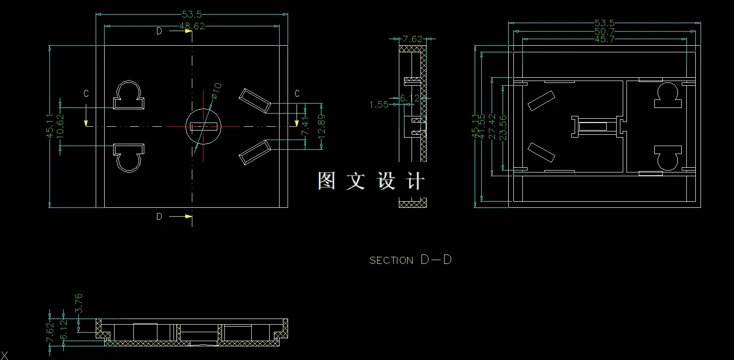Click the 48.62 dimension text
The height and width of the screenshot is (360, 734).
192,26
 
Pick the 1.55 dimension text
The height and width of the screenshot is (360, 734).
379,105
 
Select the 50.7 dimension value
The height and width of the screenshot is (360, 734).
604,32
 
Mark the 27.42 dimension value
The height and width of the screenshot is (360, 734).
492,127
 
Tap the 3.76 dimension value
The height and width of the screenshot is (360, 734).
79,303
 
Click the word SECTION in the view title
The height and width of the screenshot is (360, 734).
391,261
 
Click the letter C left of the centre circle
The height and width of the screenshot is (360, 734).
86,94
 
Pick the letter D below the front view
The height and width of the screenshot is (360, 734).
159,217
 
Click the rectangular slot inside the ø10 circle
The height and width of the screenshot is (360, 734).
204,126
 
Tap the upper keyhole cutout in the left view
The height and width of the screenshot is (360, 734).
128,96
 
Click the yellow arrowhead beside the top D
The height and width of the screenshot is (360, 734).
189,31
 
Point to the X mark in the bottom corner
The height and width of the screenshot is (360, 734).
5,356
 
